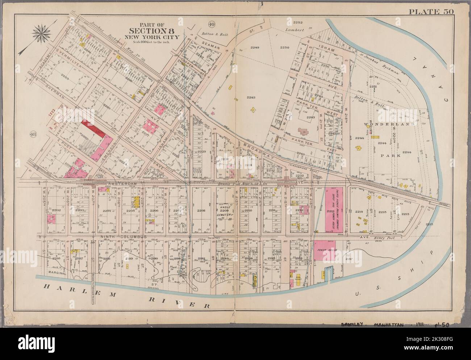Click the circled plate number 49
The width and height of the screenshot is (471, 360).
click(x=211, y=25)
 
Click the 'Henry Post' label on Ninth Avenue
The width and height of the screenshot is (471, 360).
click(x=392, y=237)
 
